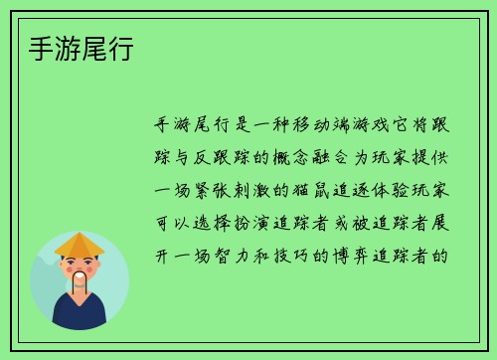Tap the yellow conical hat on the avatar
[x=80, y=244]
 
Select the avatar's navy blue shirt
[x=80, y=313]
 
